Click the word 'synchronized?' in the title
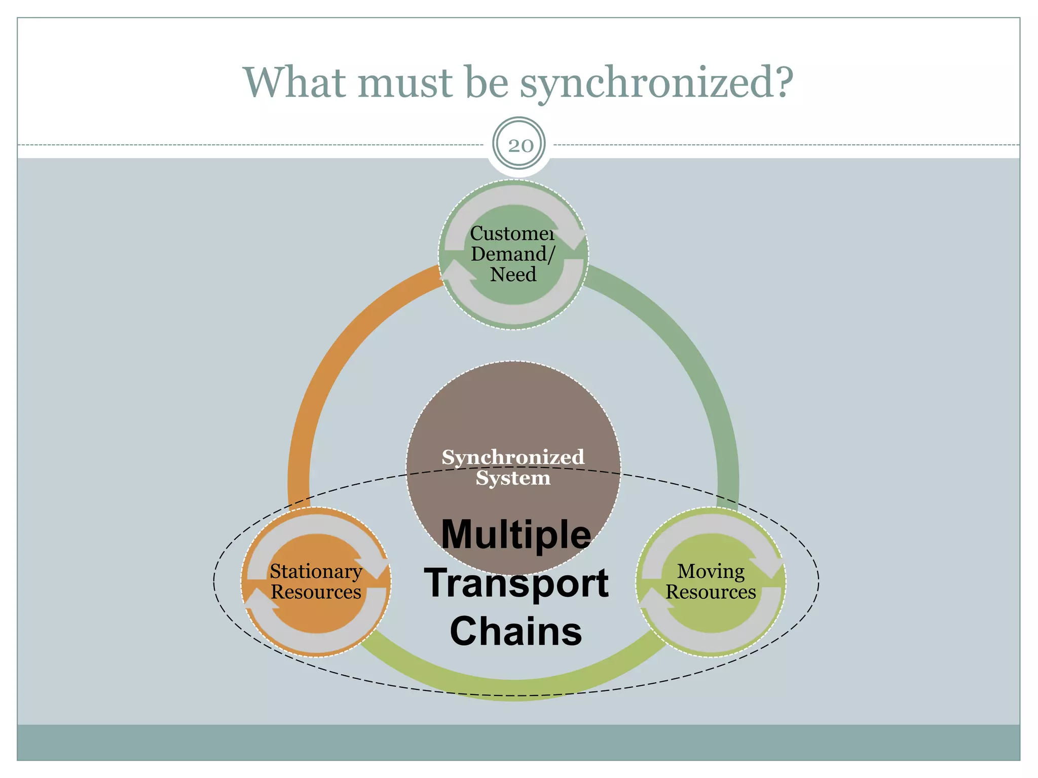(656, 84)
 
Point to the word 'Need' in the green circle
(513, 275)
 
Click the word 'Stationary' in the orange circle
(316, 571)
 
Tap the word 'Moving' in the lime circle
(711, 571)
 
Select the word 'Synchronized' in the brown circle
(513, 457)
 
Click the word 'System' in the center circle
(513, 478)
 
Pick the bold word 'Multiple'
(516, 534)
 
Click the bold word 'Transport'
(516, 582)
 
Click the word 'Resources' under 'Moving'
(711, 592)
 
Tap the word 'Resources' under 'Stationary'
(316, 592)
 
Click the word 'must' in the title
(405, 84)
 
